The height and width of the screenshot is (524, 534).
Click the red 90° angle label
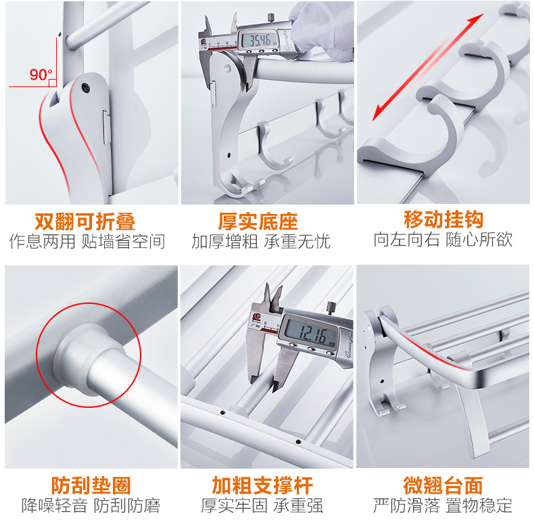41,74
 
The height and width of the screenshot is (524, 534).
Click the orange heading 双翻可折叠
85,222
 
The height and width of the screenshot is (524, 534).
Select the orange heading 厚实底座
258,222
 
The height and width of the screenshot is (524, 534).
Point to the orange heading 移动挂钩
443,219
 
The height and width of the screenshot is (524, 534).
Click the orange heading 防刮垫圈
91,486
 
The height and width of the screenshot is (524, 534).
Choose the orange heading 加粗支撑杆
262,486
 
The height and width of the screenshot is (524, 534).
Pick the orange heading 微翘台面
443,486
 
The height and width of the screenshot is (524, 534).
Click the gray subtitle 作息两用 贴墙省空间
87,241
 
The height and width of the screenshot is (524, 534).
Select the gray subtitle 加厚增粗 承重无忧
261,242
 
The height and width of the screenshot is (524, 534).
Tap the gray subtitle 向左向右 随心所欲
443,239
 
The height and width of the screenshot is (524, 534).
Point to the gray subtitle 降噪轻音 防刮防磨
91,506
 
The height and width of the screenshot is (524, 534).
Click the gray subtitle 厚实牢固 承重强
262,506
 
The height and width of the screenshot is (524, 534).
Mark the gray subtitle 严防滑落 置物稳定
443,505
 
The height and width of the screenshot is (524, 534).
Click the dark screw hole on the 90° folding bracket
86,88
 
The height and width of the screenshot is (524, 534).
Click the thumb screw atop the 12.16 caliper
331,309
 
